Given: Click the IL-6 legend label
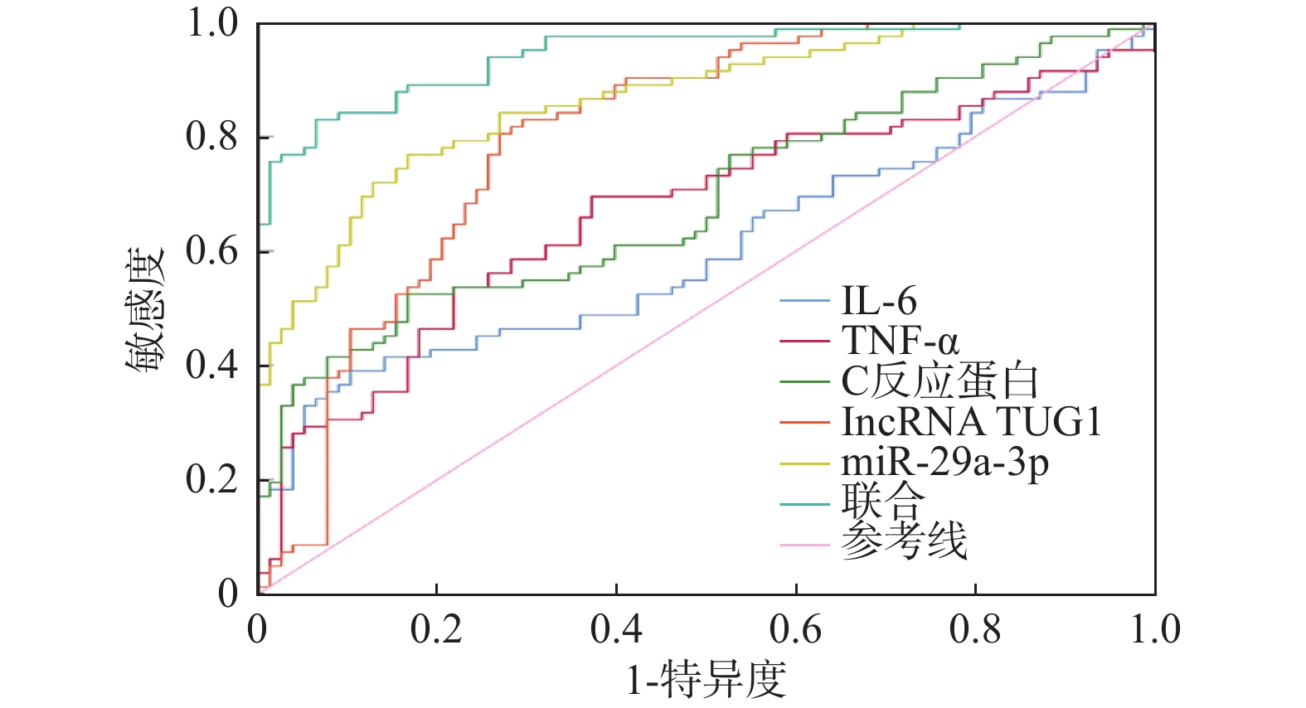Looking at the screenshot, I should [x=879, y=300].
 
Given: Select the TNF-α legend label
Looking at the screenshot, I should [x=900, y=341].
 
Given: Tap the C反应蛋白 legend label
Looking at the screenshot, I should [x=939, y=381].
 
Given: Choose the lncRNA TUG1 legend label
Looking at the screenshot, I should [x=971, y=422].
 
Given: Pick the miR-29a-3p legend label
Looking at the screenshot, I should [x=945, y=463].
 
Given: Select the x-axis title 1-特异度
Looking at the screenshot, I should [x=706, y=680].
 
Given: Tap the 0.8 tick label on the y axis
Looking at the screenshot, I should [x=212, y=137].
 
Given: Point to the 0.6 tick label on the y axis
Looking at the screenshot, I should [x=212, y=250].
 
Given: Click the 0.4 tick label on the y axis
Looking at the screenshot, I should [x=212, y=365].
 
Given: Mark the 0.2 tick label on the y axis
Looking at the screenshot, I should [x=212, y=479].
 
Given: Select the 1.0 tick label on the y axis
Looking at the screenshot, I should [x=212, y=23].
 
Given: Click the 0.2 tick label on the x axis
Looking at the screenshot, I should [x=436, y=630].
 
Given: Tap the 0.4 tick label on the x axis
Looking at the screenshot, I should [x=616, y=630].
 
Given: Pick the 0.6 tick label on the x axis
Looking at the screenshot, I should [x=795, y=630].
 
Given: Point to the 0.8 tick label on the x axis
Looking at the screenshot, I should [x=975, y=630].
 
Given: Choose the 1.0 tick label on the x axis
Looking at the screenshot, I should [x=1155, y=630].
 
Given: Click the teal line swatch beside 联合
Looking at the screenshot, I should [x=804, y=503].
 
